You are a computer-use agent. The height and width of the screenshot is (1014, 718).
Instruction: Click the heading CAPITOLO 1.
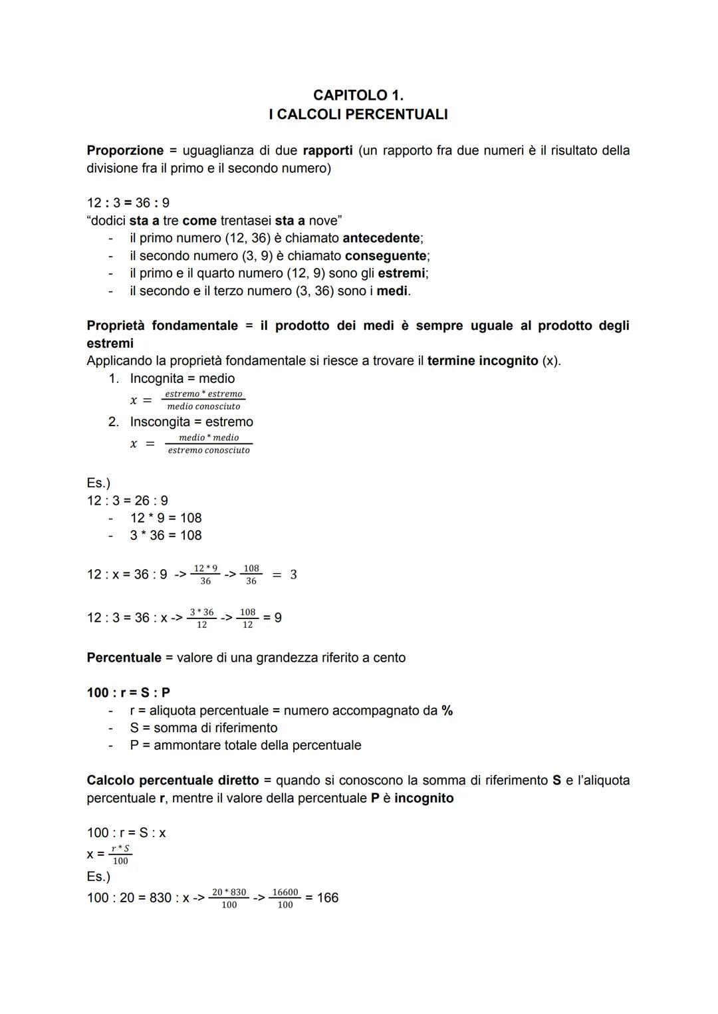click(358, 95)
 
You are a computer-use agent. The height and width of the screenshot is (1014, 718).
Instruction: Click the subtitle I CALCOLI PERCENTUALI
click(358, 114)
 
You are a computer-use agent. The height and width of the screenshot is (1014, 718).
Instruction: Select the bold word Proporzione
click(125, 150)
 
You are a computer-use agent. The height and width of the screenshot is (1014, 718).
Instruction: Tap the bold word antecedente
click(382, 238)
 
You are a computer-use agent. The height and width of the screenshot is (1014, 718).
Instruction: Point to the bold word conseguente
click(386, 255)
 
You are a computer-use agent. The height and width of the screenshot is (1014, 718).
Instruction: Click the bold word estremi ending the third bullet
click(402, 273)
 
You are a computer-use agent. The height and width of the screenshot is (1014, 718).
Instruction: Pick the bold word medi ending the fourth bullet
click(392, 291)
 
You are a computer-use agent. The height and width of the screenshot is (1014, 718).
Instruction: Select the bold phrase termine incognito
click(483, 360)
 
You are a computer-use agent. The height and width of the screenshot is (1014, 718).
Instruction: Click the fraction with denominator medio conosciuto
click(203, 400)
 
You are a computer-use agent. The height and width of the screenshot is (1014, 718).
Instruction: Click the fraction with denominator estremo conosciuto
click(209, 444)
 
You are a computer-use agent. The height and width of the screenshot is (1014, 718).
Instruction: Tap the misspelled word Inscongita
click(166, 422)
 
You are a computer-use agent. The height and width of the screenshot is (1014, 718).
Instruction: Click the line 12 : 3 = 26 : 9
click(128, 500)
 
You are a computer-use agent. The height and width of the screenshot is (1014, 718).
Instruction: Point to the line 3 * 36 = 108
click(166, 535)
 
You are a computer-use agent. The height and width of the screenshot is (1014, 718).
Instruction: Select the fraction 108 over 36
click(251, 574)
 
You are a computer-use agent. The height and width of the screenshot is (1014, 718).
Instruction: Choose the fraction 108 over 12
click(247, 618)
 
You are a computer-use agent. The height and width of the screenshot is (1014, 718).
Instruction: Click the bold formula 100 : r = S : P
click(128, 692)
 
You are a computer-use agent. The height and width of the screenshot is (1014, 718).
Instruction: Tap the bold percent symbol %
click(447, 710)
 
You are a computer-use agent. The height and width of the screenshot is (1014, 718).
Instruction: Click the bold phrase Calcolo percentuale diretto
click(173, 780)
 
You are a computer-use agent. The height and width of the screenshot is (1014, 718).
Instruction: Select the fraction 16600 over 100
click(285, 898)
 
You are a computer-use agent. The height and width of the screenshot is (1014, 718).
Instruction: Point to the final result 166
click(328, 898)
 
